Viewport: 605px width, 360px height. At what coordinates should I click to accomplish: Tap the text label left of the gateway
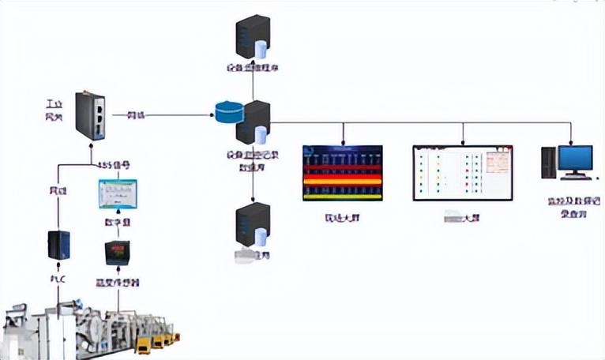(54, 111)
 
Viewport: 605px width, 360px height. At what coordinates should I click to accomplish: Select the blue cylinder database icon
(231, 112)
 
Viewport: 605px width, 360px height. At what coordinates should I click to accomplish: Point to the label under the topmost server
(252, 68)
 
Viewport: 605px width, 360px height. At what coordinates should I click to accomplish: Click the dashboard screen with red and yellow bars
(343, 173)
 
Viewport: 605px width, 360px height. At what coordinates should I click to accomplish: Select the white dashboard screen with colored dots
(462, 172)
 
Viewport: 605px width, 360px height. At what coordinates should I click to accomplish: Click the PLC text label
(58, 278)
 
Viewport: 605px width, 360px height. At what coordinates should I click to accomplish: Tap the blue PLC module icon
(58, 245)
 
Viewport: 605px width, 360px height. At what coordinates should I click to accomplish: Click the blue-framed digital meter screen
(117, 194)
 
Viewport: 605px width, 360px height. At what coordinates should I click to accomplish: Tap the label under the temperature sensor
(118, 279)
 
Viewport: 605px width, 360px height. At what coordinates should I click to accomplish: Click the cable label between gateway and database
(137, 115)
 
